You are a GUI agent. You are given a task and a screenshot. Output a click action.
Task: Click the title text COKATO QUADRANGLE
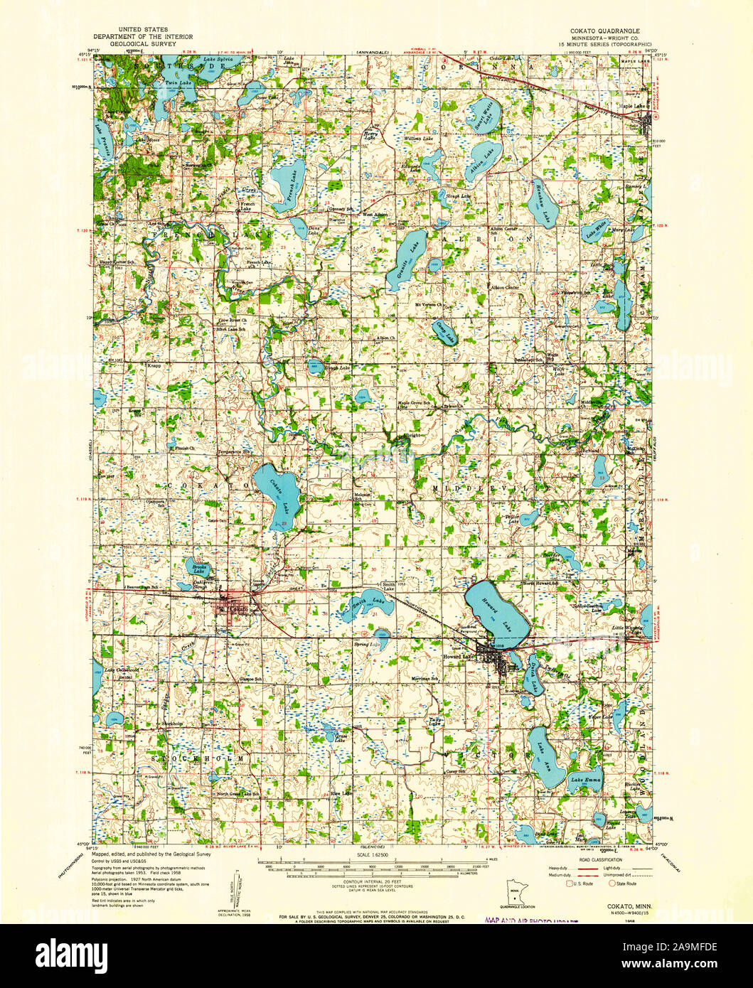(x=604, y=31)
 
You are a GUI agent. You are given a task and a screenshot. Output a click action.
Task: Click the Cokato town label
(x=237, y=610)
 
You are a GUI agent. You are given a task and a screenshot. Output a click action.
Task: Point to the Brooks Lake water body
(x=198, y=567)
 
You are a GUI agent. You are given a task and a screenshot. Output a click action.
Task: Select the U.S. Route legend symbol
(x=569, y=884)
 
